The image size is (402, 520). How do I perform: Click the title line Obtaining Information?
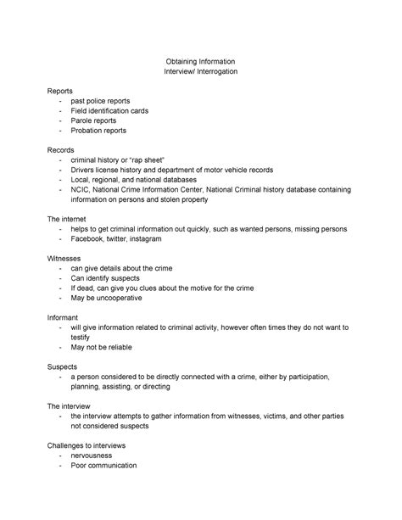(200, 62)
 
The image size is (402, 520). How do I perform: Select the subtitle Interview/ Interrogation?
(200, 73)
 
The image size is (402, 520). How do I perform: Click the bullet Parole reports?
(93, 120)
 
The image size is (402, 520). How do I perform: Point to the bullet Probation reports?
(98, 131)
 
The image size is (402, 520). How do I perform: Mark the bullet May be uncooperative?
(106, 298)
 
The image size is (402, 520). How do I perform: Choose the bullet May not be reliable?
(102, 347)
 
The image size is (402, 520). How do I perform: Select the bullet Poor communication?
(104, 465)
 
